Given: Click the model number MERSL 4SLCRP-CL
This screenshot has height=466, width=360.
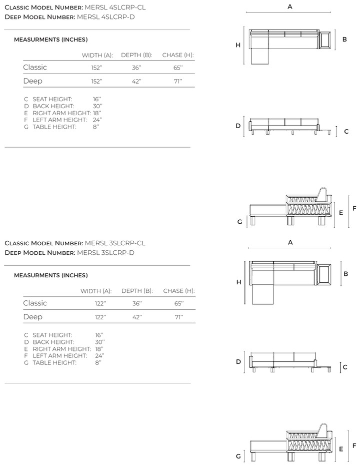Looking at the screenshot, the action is coord(115,8).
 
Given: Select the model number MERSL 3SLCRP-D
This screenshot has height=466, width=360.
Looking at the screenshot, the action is coord(105,253).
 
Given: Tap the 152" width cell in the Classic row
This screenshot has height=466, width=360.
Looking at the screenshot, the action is coord(97,68).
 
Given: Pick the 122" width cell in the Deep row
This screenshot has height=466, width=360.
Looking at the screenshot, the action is coord(100,317).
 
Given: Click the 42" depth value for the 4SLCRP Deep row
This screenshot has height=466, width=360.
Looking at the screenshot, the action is coord(136,82).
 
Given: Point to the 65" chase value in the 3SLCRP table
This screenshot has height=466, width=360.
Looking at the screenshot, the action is coord(179,303).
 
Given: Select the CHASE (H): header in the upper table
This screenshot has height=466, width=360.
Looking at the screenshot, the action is coord(178,55).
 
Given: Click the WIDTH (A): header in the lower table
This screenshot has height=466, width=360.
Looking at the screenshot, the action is coord(96,291).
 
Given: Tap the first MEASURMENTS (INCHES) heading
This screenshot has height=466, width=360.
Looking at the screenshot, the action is coord(51,40).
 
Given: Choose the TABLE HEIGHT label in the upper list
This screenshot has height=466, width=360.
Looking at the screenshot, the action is coord(54,127).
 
